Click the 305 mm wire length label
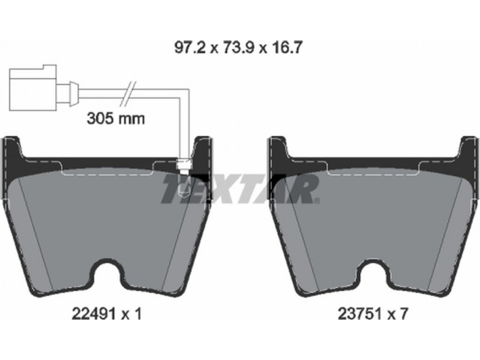tap(116, 118)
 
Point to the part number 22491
tap(94, 314)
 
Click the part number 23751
tap(359, 314)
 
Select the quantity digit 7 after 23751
tap(404, 314)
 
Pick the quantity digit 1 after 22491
tap(138, 314)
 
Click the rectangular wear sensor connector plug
tap(33, 87)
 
